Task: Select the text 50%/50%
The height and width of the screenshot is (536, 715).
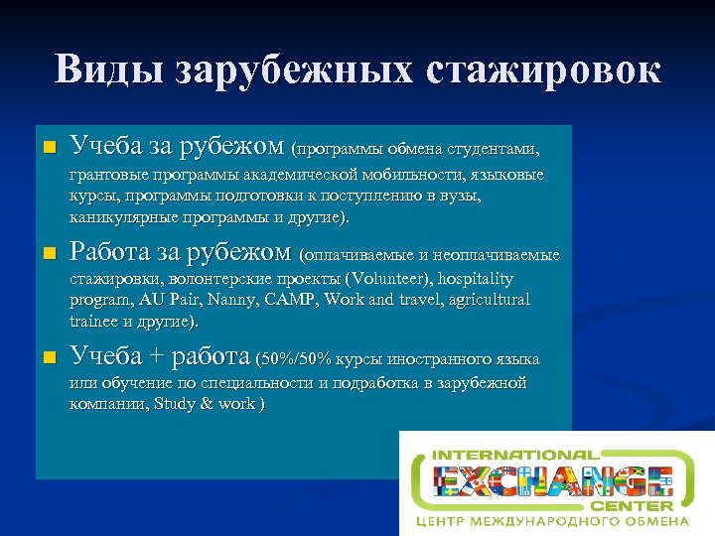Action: coord(297,359)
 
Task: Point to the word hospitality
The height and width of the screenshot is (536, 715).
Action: coord(468,280)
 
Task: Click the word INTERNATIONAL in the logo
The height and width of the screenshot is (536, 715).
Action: coord(513,456)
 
